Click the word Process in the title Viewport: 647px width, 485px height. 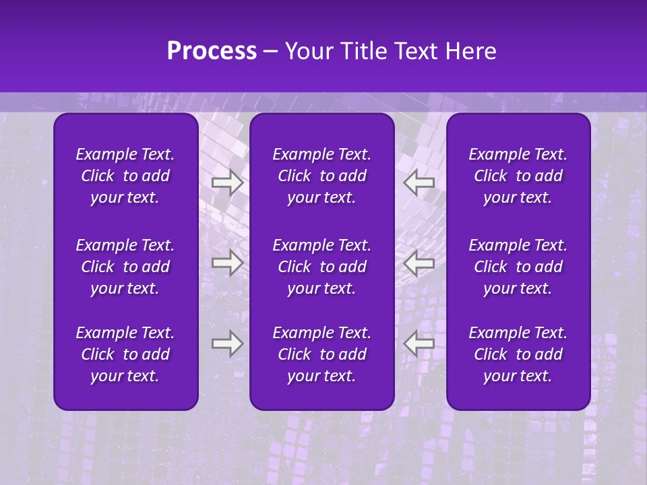(x=212, y=51)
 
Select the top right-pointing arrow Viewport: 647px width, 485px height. (x=227, y=182)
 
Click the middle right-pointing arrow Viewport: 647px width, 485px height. (x=227, y=262)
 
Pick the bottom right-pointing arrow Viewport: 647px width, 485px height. (x=227, y=344)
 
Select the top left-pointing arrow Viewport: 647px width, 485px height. (x=419, y=182)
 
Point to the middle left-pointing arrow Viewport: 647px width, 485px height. (x=419, y=262)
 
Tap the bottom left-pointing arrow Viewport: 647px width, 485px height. (x=419, y=344)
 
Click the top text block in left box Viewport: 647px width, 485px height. (x=125, y=176)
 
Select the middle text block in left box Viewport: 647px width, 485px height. (x=125, y=267)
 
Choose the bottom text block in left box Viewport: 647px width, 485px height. (x=125, y=354)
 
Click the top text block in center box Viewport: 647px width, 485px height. (x=321, y=176)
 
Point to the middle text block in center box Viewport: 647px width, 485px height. (x=321, y=267)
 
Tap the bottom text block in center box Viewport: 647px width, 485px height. (x=321, y=354)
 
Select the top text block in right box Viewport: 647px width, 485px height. (x=518, y=176)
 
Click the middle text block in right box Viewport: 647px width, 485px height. (x=518, y=267)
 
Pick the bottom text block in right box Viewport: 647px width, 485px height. (x=518, y=354)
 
